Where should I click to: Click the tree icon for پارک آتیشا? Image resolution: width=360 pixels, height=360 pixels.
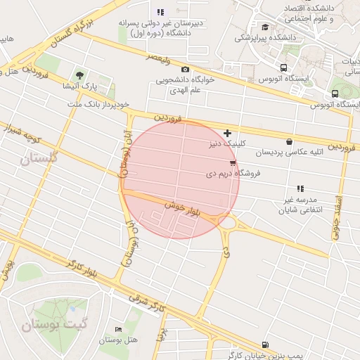pyautogui.click(x=79, y=75)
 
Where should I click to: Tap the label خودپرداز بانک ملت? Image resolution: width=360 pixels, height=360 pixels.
pyautogui.click(x=100, y=104)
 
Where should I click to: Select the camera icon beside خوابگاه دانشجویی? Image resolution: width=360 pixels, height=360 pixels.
pyautogui.click(x=185, y=69)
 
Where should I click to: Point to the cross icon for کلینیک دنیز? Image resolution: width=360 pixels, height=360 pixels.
pyautogui.click(x=227, y=133)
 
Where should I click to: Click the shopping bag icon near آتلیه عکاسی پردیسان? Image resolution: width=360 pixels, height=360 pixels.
pyautogui.click(x=289, y=141)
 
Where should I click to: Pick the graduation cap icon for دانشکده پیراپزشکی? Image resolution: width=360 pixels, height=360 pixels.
pyautogui.click(x=265, y=27)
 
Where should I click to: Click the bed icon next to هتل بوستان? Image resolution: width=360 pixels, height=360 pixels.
pyautogui.click(x=118, y=329)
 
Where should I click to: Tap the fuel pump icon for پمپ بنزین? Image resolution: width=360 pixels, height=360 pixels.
pyautogui.click(x=264, y=345)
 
